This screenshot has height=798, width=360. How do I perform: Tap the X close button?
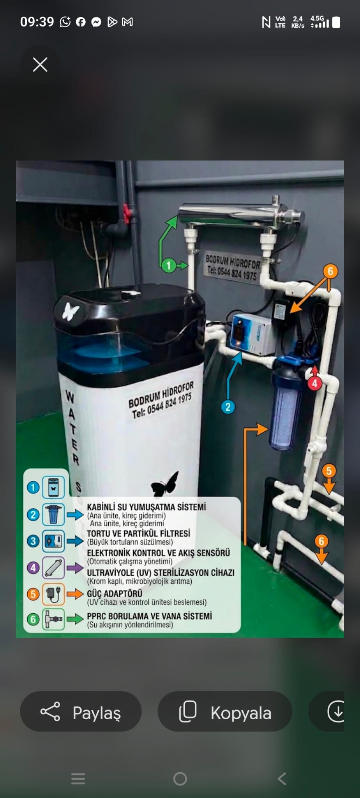click(40, 65)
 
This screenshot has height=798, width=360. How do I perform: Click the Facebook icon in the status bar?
click(81, 22)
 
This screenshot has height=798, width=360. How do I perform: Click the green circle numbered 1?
click(169, 266)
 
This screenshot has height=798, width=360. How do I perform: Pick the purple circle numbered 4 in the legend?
click(33, 568)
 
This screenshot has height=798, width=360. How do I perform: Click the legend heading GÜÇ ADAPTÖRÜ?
click(115, 593)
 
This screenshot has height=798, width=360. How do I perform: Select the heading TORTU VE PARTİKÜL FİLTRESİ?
click(139, 533)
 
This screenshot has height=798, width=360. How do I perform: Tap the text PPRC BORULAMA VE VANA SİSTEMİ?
click(150, 616)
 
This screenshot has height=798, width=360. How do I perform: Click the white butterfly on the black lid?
click(71, 311)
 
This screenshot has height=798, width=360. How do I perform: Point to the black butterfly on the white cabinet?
click(165, 484)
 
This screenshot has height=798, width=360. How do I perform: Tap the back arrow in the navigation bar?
click(282, 779)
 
